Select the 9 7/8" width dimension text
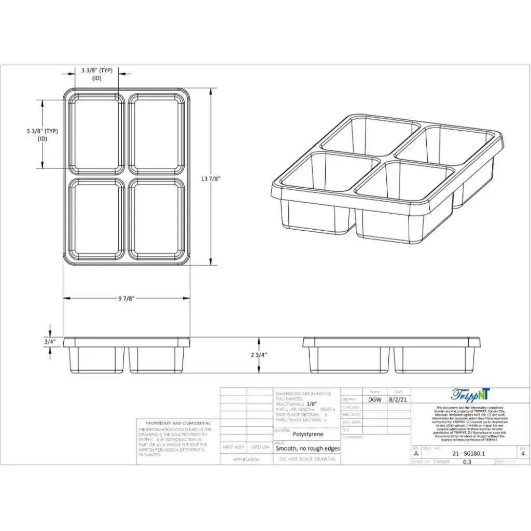click(126, 298)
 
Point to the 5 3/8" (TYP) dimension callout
click(42, 131)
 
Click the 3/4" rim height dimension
click(50, 342)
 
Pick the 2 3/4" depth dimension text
click(259, 355)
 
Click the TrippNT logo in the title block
click(470, 395)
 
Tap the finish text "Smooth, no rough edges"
click(308, 449)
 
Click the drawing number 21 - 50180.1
click(469, 453)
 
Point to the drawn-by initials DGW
click(375, 400)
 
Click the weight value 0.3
click(467, 462)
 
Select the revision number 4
click(522, 453)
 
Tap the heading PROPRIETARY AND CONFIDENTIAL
click(178, 423)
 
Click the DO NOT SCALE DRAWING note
click(308, 459)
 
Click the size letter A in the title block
click(416, 453)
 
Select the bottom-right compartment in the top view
click(156, 219)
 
